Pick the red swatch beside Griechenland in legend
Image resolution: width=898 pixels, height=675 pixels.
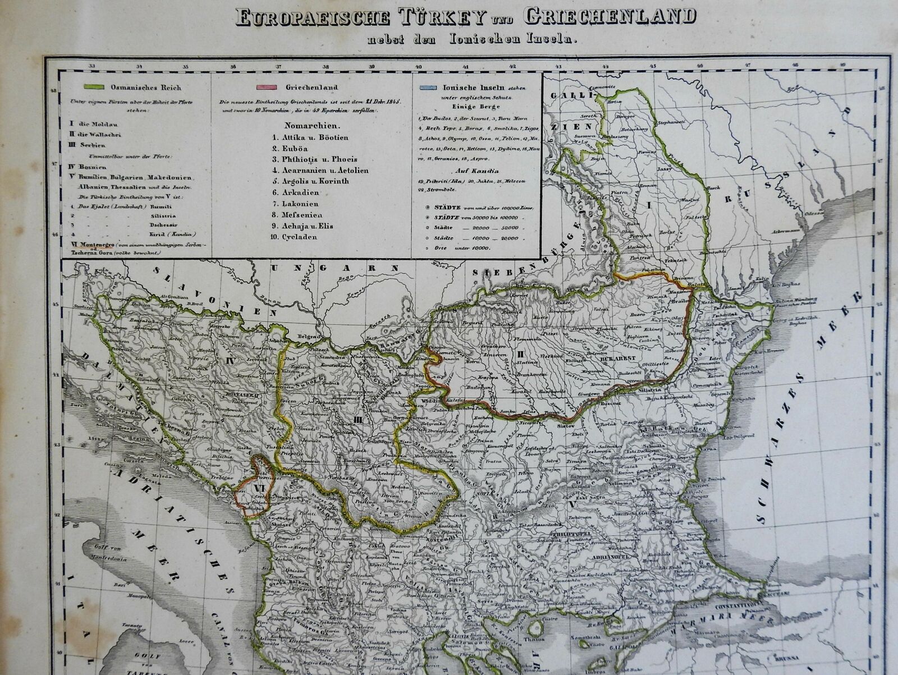[267, 88]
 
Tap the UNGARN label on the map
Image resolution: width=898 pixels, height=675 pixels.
[324, 268]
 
